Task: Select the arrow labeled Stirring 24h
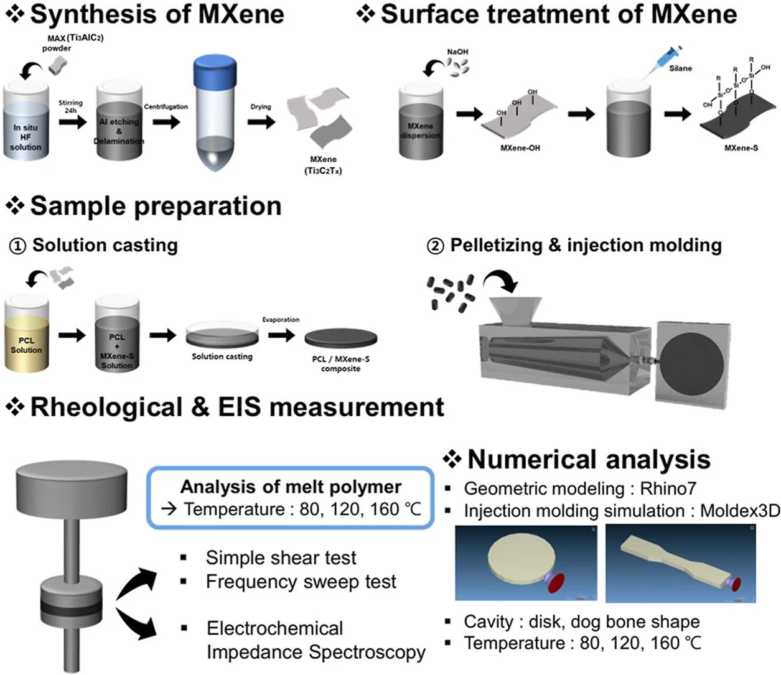tap(72, 121)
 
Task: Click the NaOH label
tap(457, 52)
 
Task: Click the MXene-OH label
tap(520, 149)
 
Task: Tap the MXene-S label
tap(741, 148)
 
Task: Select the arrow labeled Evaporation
tap(281, 335)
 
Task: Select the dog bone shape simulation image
tap(680, 563)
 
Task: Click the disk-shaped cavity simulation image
tap(526, 562)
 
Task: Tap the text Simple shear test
tap(281, 558)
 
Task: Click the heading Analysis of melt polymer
tap(291, 487)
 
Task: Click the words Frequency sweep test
tap(301, 582)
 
